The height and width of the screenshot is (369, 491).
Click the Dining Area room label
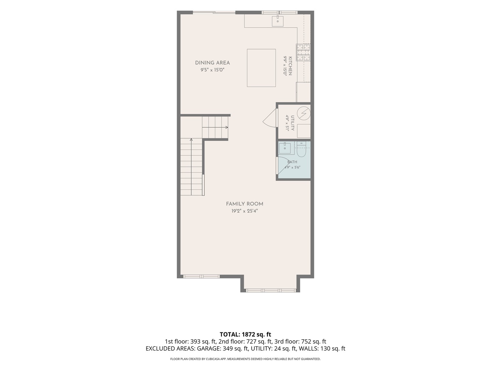tap(212, 63)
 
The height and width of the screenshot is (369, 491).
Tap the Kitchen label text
tap(290, 66)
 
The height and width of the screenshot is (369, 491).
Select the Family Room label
tap(244, 204)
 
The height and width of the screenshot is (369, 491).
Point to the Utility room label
tap(292, 123)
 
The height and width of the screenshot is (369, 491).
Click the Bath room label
tap(292, 162)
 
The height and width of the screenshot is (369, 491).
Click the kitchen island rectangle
tap(261, 68)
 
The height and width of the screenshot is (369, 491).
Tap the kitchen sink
tap(278, 21)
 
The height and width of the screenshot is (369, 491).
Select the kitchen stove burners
tap(303, 52)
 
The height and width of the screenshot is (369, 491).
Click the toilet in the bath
tap(301, 149)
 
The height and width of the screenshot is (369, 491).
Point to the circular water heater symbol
tap(304, 113)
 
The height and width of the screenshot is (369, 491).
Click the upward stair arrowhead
tap(191, 140)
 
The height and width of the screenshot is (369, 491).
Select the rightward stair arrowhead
tap(227, 127)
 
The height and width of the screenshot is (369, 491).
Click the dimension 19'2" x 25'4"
tap(244, 211)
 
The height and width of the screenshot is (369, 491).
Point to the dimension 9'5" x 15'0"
tap(212, 70)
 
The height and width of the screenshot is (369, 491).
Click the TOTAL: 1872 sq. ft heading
tap(245, 334)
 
